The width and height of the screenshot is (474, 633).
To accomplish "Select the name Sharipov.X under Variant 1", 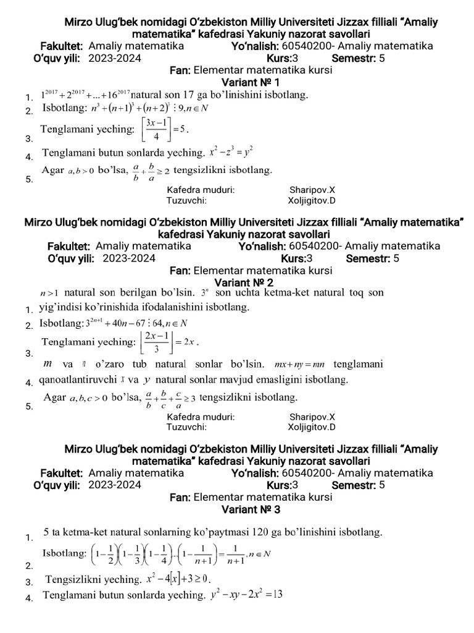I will coord(312,190).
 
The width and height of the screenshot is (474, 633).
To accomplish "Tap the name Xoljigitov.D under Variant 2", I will coord(312,427).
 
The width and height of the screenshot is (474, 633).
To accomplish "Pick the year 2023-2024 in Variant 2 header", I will coord(129,258).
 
